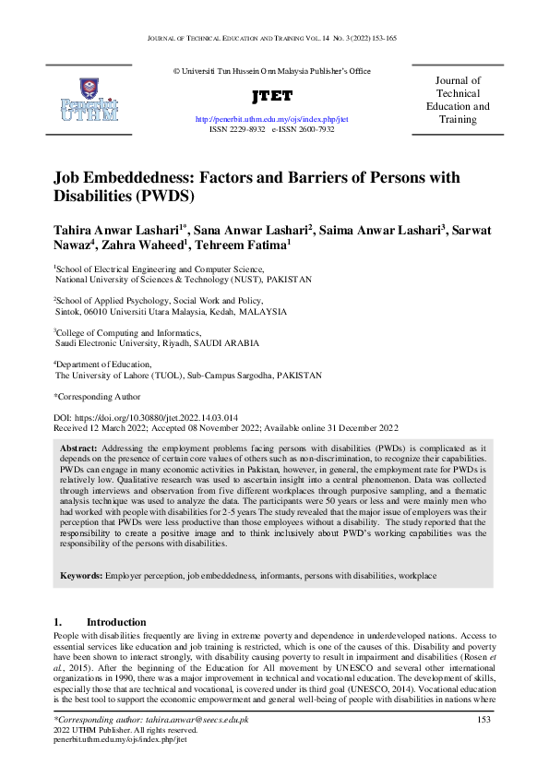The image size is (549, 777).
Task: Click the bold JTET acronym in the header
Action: tap(271, 96)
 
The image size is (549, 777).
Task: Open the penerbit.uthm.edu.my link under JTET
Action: tap(271, 120)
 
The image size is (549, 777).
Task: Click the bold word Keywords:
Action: tap(81, 576)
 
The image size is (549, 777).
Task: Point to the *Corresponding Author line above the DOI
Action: tap(97, 396)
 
